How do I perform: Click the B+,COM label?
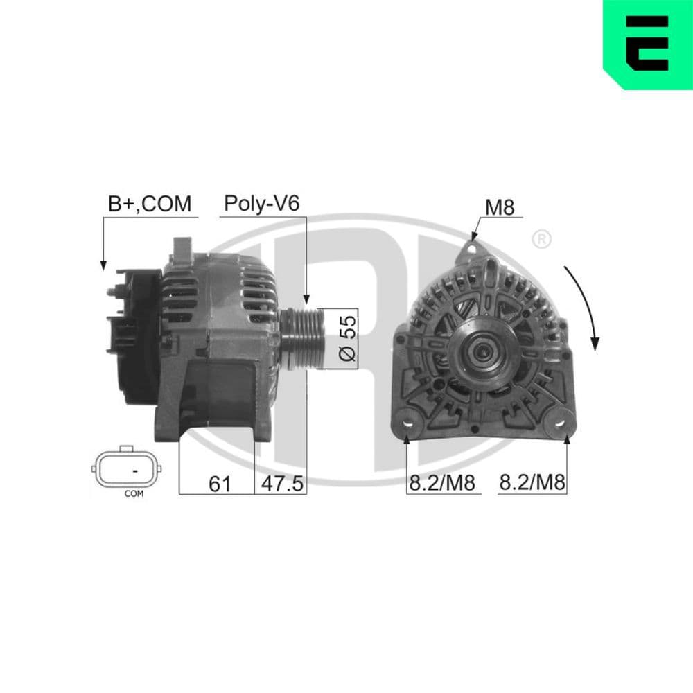coord(149,203)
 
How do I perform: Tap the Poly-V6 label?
coord(261,203)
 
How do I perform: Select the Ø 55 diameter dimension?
coord(348,339)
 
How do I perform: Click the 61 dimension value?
coord(219,483)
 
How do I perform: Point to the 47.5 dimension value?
coord(281,483)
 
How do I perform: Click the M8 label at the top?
coord(500,207)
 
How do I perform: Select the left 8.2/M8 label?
coord(442,483)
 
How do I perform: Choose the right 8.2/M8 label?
coord(532,483)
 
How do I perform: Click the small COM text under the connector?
coord(133,494)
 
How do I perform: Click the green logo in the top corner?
coord(647,44)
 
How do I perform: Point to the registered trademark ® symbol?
coord(541,240)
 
